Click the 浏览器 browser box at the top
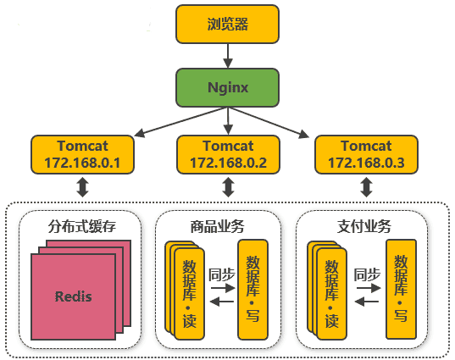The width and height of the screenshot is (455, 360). coord(227,25)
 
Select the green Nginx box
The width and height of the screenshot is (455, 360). coord(227,87)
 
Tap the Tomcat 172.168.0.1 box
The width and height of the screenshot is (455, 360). coord(82,153)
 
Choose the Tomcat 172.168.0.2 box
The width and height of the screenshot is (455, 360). coord(227,153)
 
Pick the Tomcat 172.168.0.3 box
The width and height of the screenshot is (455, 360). coord(365,153)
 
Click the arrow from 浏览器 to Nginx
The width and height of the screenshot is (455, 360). coord(227,56)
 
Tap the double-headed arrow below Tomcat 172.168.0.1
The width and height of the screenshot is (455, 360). coord(82,186)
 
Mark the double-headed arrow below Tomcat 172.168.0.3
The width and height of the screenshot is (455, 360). coord(365,186)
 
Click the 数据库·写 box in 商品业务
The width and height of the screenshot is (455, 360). coord(252,290)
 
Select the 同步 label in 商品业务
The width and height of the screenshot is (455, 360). coord(221,274)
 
